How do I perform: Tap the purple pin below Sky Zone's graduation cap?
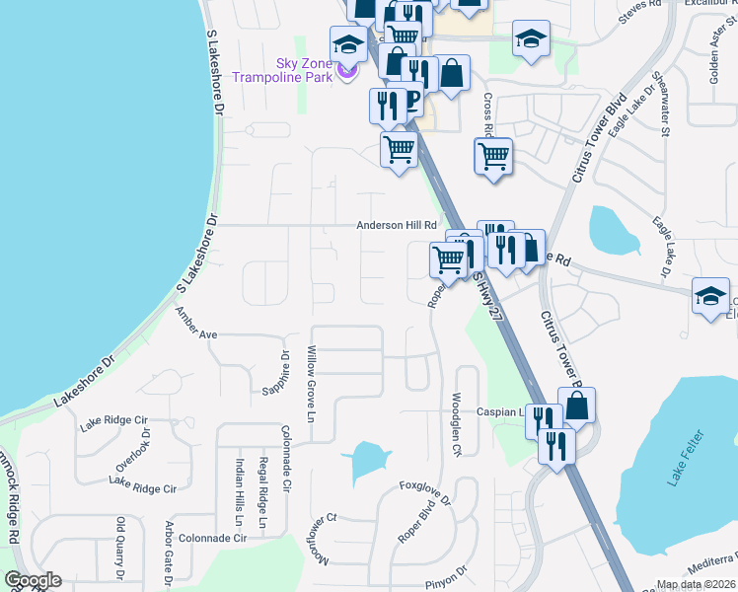(346, 71)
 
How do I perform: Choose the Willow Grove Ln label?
(310, 380)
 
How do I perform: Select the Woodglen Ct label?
(456, 424)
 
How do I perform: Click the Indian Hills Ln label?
(239, 490)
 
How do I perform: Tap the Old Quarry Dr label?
(120, 549)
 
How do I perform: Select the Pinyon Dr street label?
(446, 578)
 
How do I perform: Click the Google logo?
(33, 580)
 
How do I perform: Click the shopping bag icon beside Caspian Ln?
(576, 406)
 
